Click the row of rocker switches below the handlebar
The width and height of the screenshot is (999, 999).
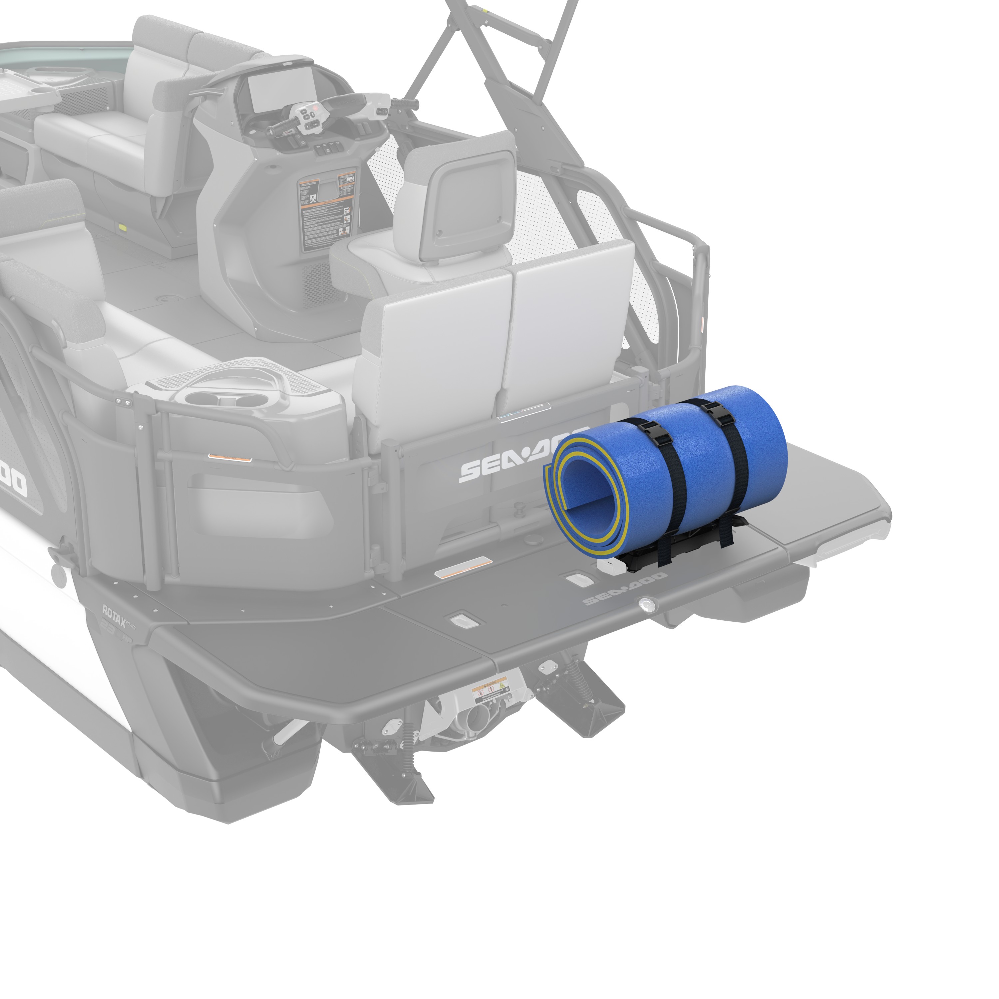(326, 150)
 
